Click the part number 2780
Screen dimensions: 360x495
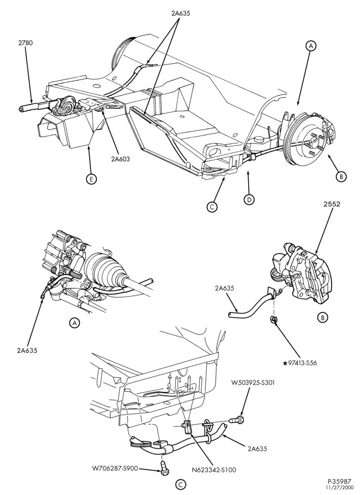(25, 43)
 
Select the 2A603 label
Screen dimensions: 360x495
(120, 159)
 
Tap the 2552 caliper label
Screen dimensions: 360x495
(332, 204)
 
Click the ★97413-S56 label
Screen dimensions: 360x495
(300, 363)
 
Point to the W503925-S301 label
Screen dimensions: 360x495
(253, 383)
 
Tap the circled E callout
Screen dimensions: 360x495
(91, 179)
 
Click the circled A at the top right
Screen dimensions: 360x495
(311, 46)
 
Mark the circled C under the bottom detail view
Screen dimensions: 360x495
(180, 484)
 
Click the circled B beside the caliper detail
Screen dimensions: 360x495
(322, 317)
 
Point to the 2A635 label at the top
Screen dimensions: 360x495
(180, 13)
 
